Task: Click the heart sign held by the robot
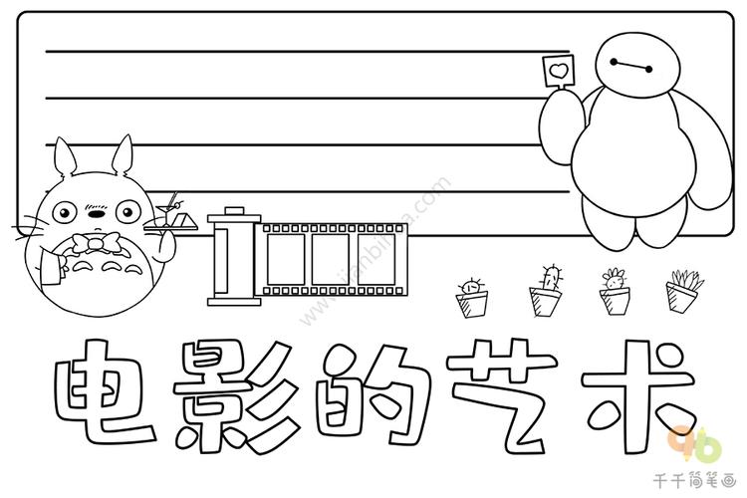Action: point(559,72)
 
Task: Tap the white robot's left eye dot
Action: point(614,62)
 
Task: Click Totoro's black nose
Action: point(97,214)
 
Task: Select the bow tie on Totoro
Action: point(96,244)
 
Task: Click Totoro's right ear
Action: point(123,154)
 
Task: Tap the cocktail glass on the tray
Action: point(165,213)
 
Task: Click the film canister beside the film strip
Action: point(234,256)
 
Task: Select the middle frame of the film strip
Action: point(330,259)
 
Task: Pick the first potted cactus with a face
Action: point(472,298)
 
